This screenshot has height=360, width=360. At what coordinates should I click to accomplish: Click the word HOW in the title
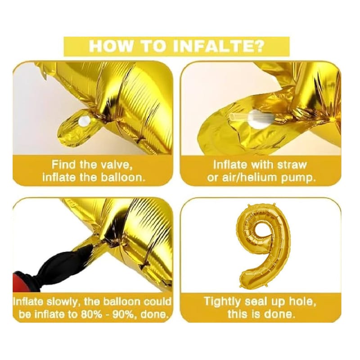(111, 47)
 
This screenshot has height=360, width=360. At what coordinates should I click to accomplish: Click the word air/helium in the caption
(249, 178)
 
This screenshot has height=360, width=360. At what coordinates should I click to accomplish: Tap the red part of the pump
(21, 282)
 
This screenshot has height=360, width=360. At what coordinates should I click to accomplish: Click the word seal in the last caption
(256, 301)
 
